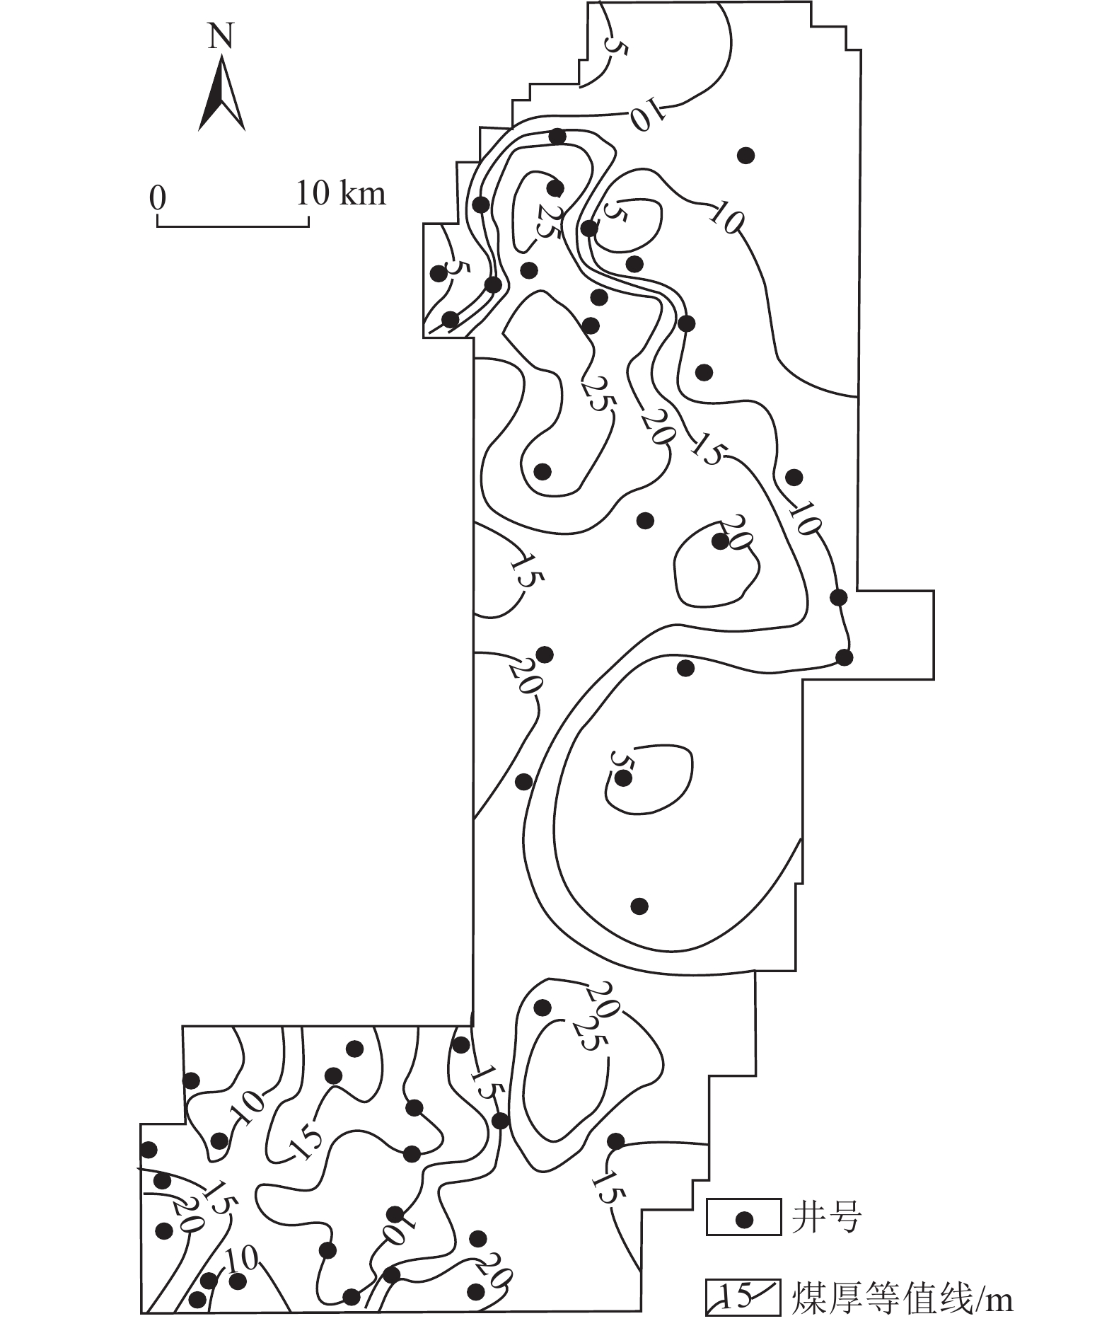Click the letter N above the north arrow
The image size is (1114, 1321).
221,37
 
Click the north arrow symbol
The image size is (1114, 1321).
221,96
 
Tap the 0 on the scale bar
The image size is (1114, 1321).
157,197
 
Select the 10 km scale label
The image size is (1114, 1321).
341,192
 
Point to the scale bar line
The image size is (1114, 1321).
233,226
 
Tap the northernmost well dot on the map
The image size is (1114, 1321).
557,137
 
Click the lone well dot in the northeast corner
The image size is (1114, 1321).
745,155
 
